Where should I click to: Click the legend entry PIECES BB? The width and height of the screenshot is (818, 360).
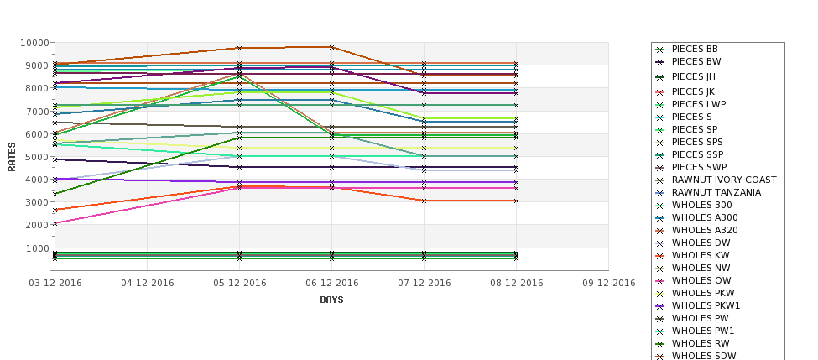click(x=694, y=50)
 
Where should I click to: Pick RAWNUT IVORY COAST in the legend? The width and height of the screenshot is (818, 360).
click(x=723, y=180)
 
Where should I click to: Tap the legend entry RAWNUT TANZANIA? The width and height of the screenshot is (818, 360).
click(x=716, y=192)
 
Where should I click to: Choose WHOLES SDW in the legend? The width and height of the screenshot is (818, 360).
click(x=704, y=356)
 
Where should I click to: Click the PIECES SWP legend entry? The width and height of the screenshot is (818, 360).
click(x=698, y=167)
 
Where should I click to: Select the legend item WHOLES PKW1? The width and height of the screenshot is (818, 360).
click(x=706, y=305)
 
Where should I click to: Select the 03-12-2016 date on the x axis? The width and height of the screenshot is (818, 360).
click(x=55, y=283)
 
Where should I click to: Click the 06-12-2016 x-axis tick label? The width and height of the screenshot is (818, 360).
click(x=332, y=283)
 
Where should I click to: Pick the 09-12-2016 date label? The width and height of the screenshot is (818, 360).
click(x=608, y=283)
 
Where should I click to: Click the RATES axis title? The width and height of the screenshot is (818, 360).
click(x=12, y=156)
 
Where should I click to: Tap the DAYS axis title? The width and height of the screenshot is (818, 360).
click(x=331, y=300)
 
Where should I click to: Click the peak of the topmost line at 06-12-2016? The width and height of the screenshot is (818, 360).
click(x=332, y=47)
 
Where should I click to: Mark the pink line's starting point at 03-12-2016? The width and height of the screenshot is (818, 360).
click(x=55, y=223)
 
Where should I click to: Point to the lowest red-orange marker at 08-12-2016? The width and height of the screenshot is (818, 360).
click(x=516, y=201)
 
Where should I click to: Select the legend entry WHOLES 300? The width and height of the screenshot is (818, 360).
click(x=701, y=205)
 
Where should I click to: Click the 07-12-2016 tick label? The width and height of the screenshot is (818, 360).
click(x=424, y=283)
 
